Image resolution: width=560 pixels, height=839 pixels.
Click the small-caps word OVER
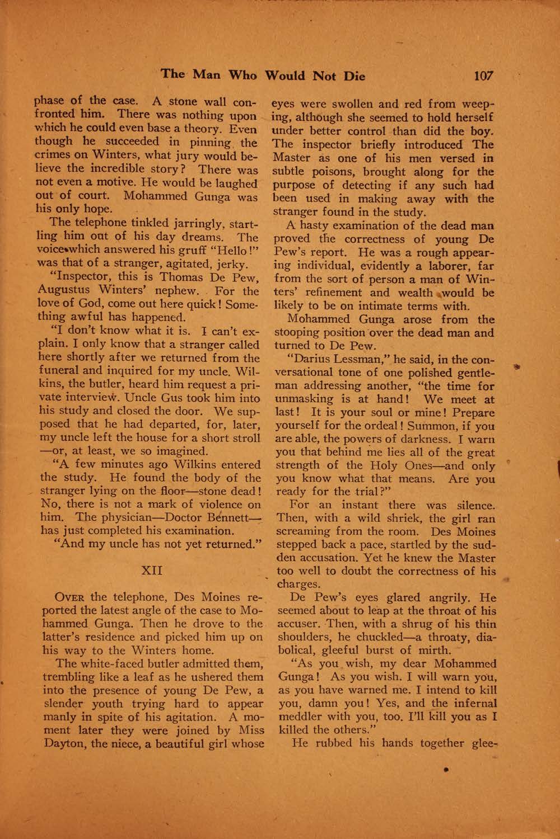[71, 597]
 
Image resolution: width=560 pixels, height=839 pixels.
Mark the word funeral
[63, 371]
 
